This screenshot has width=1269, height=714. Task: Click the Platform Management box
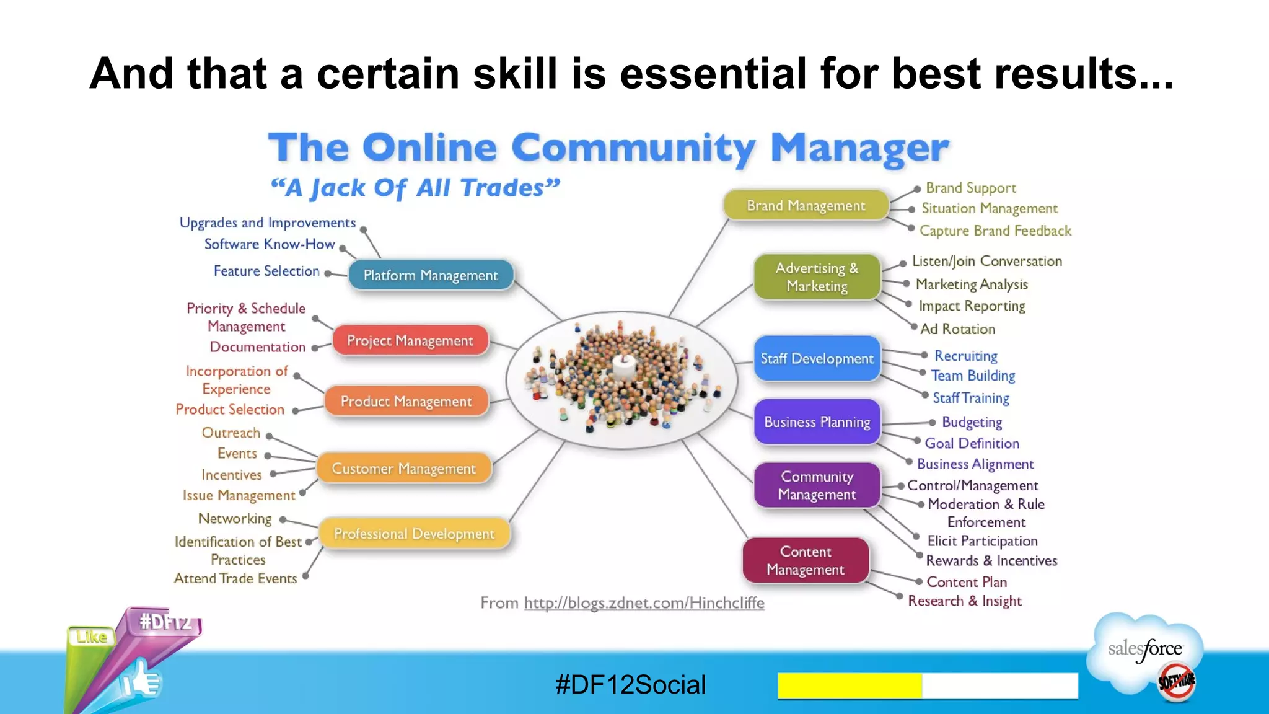coord(431,275)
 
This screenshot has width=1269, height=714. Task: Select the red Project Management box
coord(410,340)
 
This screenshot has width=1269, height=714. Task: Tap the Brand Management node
coord(806,206)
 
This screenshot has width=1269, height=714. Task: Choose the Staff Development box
coord(817,358)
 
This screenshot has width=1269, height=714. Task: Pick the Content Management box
coord(806,560)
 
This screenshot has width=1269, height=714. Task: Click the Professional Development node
coord(414,534)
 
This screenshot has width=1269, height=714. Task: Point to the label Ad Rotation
coord(957,329)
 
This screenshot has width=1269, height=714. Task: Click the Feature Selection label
coord(266,271)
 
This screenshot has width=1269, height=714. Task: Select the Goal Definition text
coord(972,443)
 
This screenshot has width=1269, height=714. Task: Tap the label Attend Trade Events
coord(235,578)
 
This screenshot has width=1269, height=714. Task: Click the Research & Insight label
coord(964,601)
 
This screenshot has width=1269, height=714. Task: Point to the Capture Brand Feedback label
coord(995,231)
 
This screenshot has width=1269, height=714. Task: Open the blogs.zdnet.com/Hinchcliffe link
coord(644,602)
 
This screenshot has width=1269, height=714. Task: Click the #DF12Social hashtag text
coord(630,685)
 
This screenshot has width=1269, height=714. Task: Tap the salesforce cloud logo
coord(1145,651)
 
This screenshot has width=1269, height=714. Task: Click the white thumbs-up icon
coord(141,680)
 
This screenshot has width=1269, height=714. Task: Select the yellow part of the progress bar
coord(849,685)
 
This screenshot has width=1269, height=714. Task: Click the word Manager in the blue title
coord(859,148)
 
